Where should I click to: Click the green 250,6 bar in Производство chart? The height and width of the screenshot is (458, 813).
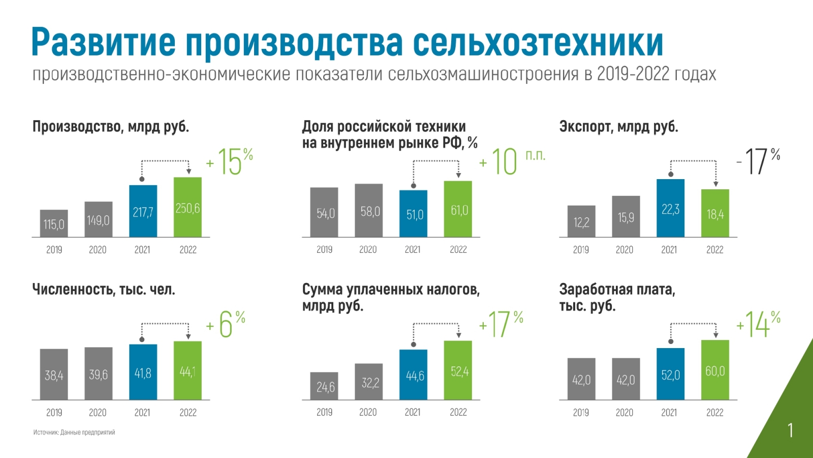(x=187, y=207)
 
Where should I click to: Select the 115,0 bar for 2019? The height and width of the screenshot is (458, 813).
(x=54, y=223)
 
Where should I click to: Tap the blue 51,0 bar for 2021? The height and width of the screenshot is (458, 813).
(x=414, y=214)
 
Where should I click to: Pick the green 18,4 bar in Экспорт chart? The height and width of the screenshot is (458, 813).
(x=715, y=213)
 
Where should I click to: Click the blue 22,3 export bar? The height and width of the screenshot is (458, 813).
(x=670, y=208)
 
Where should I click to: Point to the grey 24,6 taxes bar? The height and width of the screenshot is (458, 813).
(x=324, y=386)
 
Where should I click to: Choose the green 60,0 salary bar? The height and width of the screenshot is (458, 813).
(x=715, y=370)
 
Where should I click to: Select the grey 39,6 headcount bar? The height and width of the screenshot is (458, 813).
(x=99, y=374)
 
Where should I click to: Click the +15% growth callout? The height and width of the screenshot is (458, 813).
(x=230, y=162)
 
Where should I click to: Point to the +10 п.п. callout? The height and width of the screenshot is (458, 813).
(x=511, y=162)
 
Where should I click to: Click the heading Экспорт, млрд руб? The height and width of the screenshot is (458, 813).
(x=618, y=126)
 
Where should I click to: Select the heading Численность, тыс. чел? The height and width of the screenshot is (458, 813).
(x=104, y=289)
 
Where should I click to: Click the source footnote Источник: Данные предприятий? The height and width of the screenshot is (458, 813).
(x=74, y=432)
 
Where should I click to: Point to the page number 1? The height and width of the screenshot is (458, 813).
(x=790, y=431)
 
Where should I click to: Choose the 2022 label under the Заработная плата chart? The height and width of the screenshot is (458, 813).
(x=714, y=412)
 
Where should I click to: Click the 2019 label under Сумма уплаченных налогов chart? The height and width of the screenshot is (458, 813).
(x=324, y=412)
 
